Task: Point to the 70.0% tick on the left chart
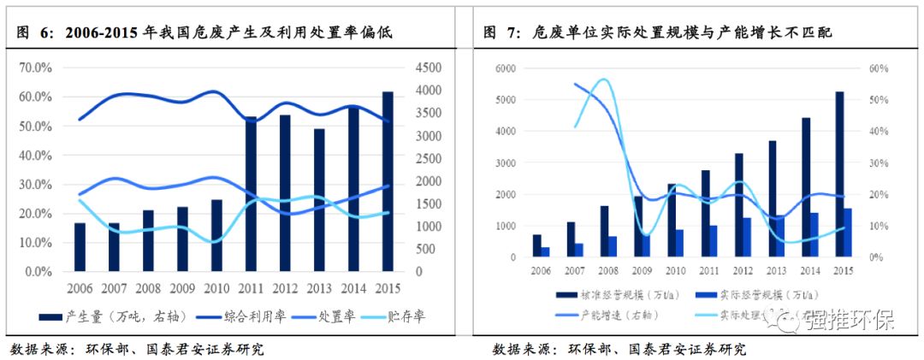pos(36,68)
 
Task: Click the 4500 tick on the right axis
pos(429,68)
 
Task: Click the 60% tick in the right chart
pos(878,68)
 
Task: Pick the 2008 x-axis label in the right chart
pos(607,271)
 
